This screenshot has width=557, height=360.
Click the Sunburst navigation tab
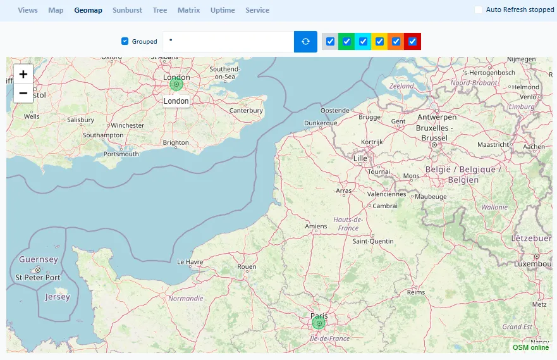127,10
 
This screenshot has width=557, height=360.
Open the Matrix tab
188,10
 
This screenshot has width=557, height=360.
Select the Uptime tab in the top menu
223,10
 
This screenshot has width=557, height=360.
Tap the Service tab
257,10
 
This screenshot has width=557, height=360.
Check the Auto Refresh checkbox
479,9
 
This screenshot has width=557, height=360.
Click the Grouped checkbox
125,42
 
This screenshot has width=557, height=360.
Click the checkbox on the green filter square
346,42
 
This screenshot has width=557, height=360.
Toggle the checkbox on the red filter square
413,42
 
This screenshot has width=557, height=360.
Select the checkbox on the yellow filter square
379,42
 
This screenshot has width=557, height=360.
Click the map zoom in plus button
23,74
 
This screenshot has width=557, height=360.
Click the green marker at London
176,84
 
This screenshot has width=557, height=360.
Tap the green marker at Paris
319,323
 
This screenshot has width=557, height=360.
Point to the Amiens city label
316,227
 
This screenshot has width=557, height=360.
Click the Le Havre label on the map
189,261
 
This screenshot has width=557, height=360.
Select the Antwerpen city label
437,118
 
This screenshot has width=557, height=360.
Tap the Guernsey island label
39,259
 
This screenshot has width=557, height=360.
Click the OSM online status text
530,347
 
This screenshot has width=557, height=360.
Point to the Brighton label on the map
176,143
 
